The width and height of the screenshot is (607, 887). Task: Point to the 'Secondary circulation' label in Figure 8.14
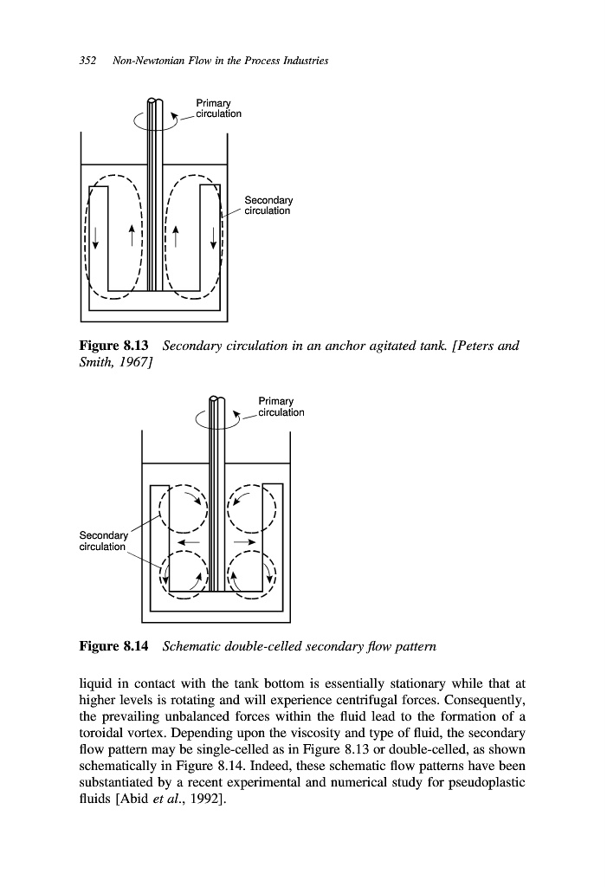point(103,541)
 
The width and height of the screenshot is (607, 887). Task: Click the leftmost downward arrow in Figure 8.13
point(96,236)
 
